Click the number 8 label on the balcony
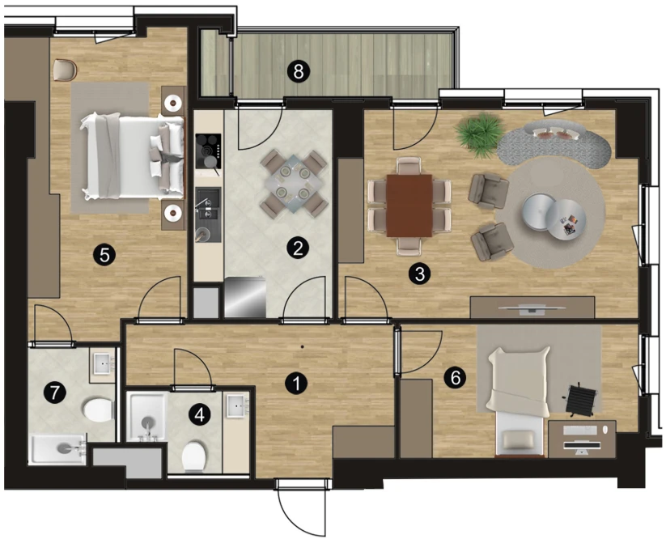point(298,71)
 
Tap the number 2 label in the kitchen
point(297,248)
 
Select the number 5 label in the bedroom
point(104,255)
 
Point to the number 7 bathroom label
point(55,392)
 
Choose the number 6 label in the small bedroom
point(455,377)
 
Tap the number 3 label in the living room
point(419,274)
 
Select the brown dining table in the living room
point(409,206)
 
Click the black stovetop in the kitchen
point(208,151)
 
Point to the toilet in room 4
point(193,456)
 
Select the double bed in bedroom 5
point(133,156)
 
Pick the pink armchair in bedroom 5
point(65,70)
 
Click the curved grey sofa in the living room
point(554,143)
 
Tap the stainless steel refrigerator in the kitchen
point(244,296)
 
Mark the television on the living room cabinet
point(532,310)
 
